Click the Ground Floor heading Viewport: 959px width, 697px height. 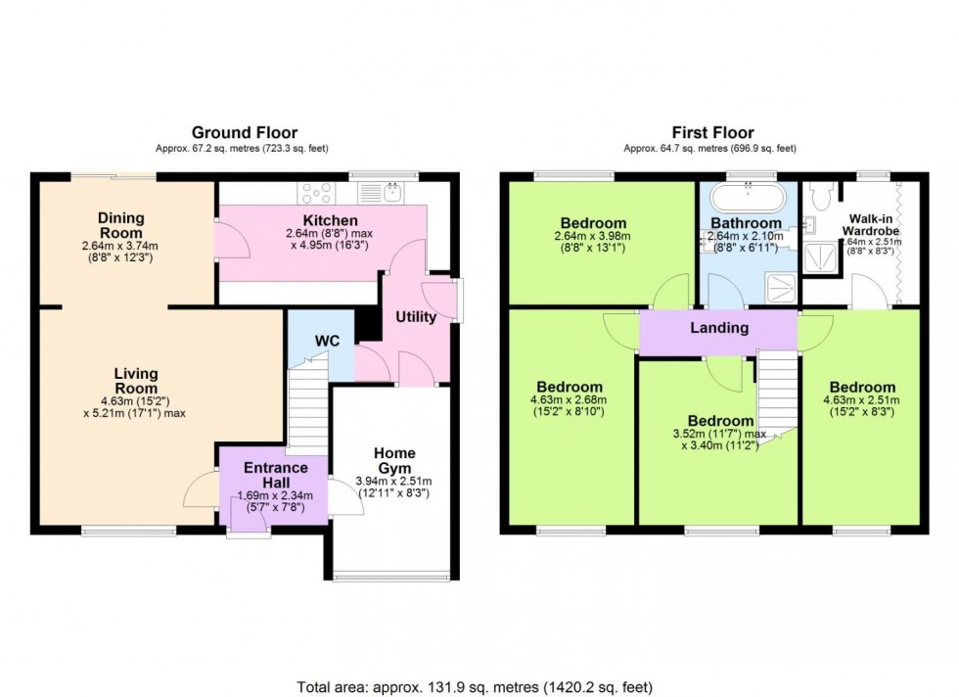coord(244,133)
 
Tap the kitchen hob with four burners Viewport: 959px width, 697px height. coord(318,192)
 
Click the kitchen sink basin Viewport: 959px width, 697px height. coord(389,193)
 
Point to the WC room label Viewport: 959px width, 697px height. coord(327,341)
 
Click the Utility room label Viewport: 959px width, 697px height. coord(416,317)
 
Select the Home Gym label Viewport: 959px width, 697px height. coord(395,460)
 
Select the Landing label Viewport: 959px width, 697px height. coord(719,328)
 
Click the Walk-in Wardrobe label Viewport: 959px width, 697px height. coord(862,225)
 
